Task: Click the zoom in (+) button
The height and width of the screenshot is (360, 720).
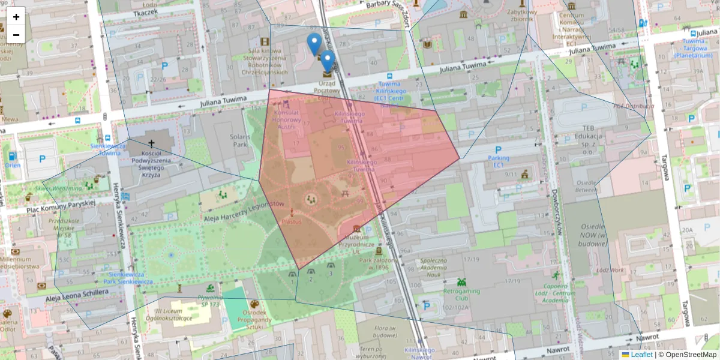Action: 16,17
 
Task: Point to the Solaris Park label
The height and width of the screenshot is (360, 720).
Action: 239,141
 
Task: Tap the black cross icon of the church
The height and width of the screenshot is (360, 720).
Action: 151,143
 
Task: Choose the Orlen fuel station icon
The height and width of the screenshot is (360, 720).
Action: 13,157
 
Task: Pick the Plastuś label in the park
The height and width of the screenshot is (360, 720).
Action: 292,221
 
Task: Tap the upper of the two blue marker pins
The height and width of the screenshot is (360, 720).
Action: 314,42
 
